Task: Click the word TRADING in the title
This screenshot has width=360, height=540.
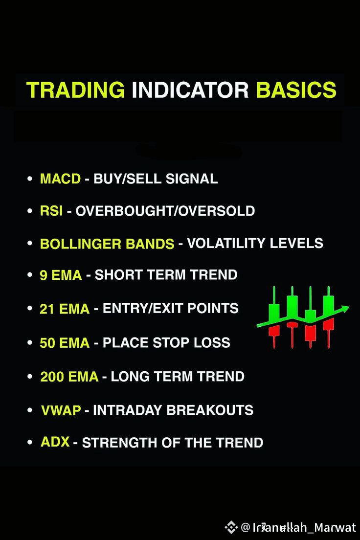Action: pyautogui.click(x=75, y=90)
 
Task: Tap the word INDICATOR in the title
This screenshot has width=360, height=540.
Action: pyautogui.click(x=190, y=90)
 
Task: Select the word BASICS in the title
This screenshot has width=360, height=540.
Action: pyautogui.click(x=296, y=90)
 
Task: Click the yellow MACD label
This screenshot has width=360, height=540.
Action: pyautogui.click(x=60, y=179)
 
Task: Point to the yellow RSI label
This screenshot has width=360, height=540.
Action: pyautogui.click(x=51, y=211)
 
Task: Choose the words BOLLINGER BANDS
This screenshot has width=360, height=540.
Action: pyautogui.click(x=107, y=244)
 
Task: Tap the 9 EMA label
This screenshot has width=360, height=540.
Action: pyautogui.click(x=61, y=275)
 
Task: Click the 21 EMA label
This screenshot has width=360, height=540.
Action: pyautogui.click(x=65, y=309)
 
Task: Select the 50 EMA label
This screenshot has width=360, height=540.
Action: pyautogui.click(x=65, y=343)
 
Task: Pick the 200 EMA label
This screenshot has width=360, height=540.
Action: pyautogui.click(x=69, y=377)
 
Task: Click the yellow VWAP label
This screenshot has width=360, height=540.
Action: pyautogui.click(x=61, y=410)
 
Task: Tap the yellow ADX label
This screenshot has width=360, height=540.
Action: pyautogui.click(x=55, y=442)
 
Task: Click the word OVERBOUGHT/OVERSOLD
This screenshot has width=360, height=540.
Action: pyautogui.click(x=165, y=211)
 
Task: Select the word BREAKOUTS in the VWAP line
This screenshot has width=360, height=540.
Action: pyautogui.click(x=210, y=410)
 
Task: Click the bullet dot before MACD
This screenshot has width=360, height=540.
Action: pyautogui.click(x=30, y=179)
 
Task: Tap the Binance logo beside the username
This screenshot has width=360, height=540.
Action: pyautogui.click(x=231, y=527)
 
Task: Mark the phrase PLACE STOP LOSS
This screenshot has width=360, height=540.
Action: pyautogui.click(x=166, y=343)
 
